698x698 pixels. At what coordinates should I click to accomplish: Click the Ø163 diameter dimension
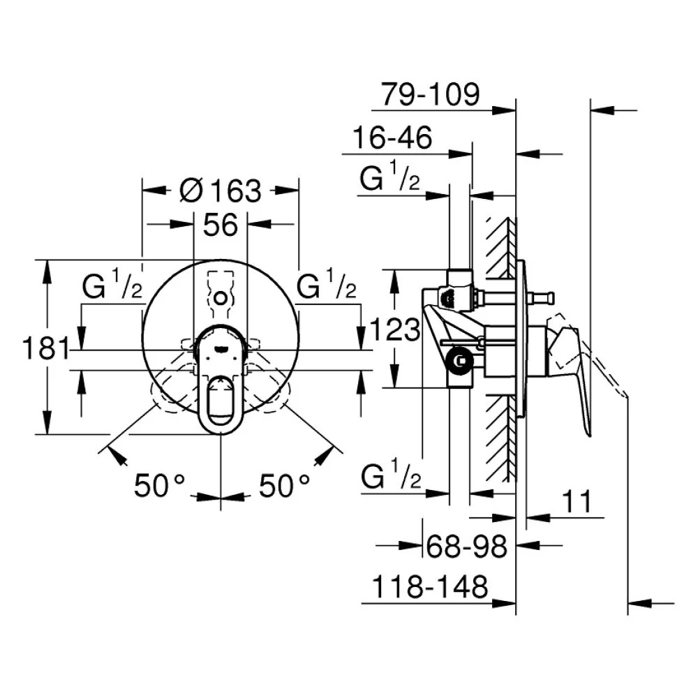[x=221, y=191]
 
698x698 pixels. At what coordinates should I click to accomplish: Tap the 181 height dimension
[x=46, y=348]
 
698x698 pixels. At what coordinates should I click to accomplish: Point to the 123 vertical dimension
[x=395, y=330]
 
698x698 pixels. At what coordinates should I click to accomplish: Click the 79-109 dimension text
[x=431, y=94]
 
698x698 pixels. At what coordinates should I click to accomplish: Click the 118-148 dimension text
[x=429, y=587]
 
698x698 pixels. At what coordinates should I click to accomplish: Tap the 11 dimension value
[x=577, y=502]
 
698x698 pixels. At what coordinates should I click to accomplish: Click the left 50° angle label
[x=159, y=485]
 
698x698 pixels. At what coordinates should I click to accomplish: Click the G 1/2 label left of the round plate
[x=112, y=284]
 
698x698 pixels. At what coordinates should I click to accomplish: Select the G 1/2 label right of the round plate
[x=326, y=284]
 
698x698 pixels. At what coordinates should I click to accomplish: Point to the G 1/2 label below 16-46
[x=389, y=176]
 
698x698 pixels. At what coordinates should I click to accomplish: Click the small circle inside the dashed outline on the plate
[x=221, y=297]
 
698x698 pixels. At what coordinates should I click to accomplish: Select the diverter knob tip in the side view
[x=551, y=297]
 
